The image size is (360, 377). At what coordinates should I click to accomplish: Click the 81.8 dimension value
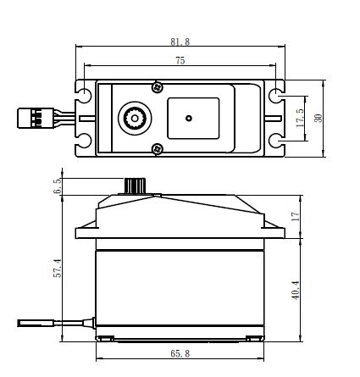click(x=180, y=42)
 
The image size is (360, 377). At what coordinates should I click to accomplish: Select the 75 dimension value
click(x=180, y=60)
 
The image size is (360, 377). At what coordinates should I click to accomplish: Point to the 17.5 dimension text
click(x=301, y=118)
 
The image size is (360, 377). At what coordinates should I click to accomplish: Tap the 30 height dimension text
click(x=318, y=118)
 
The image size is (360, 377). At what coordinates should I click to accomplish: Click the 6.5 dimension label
click(x=58, y=186)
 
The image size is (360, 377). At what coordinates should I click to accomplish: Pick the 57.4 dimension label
click(x=58, y=268)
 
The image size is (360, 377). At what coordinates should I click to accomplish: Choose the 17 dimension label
click(x=296, y=217)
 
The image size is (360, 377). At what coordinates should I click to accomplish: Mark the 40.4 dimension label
click(x=296, y=290)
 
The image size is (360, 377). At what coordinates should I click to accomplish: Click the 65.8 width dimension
click(x=180, y=353)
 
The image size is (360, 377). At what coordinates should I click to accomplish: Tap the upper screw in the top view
click(x=158, y=87)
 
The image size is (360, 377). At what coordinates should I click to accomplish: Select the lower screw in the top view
click(x=158, y=149)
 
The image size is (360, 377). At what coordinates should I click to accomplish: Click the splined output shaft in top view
click(x=135, y=119)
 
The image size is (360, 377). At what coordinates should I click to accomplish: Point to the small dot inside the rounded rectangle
click(x=189, y=118)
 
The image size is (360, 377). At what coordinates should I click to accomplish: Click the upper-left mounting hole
click(x=85, y=95)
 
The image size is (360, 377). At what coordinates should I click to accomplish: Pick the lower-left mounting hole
click(x=85, y=141)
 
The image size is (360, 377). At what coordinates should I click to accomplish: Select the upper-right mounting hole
click(x=275, y=95)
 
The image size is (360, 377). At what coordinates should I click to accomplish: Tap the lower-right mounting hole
click(x=275, y=141)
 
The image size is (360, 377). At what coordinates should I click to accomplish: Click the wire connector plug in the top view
click(x=36, y=118)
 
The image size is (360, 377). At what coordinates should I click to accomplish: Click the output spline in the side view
click(x=135, y=186)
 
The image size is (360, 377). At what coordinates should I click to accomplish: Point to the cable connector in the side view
click(x=36, y=323)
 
